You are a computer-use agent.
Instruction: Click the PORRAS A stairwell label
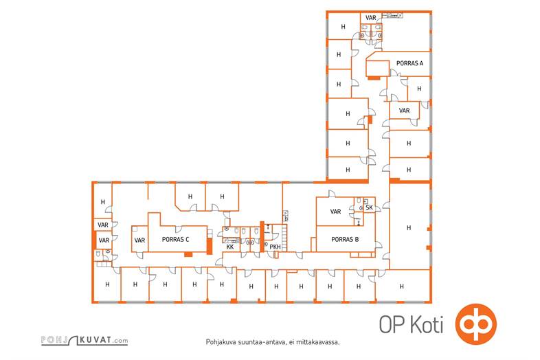pyautogui.click(x=409, y=63)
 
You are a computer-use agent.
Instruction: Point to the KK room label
pyautogui.click(x=230, y=247)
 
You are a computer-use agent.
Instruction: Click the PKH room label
pyautogui.click(x=275, y=247)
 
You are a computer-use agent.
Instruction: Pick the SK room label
pyautogui.click(x=369, y=207)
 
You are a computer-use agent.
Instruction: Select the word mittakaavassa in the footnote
pyautogui.click(x=317, y=341)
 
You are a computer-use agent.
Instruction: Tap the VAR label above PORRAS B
pyautogui.click(x=336, y=212)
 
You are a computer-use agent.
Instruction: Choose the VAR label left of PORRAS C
pyautogui.click(x=139, y=240)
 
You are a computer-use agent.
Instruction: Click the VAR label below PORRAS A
pyautogui.click(x=404, y=110)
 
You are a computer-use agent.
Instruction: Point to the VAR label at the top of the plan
pyautogui.click(x=371, y=18)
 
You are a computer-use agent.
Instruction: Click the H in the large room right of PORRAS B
pyautogui.click(x=408, y=227)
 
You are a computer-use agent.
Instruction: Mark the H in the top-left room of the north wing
pyautogui.click(x=344, y=27)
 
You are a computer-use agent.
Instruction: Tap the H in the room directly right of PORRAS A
pyautogui.click(x=420, y=89)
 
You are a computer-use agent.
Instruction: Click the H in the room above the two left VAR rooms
pyautogui.click(x=103, y=202)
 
